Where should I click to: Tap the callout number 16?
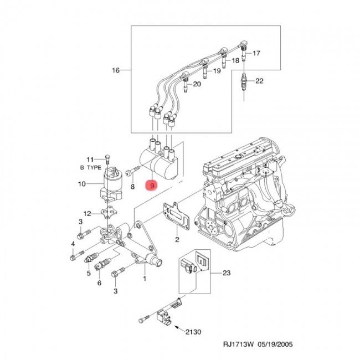pos(116,70)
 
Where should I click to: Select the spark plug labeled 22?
pos(244,85)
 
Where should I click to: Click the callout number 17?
pos(256,54)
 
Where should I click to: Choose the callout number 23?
pos(227,272)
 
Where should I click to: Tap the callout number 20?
pos(197,84)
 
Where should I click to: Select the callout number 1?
pos(145,279)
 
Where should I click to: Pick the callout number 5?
pos(88,273)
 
